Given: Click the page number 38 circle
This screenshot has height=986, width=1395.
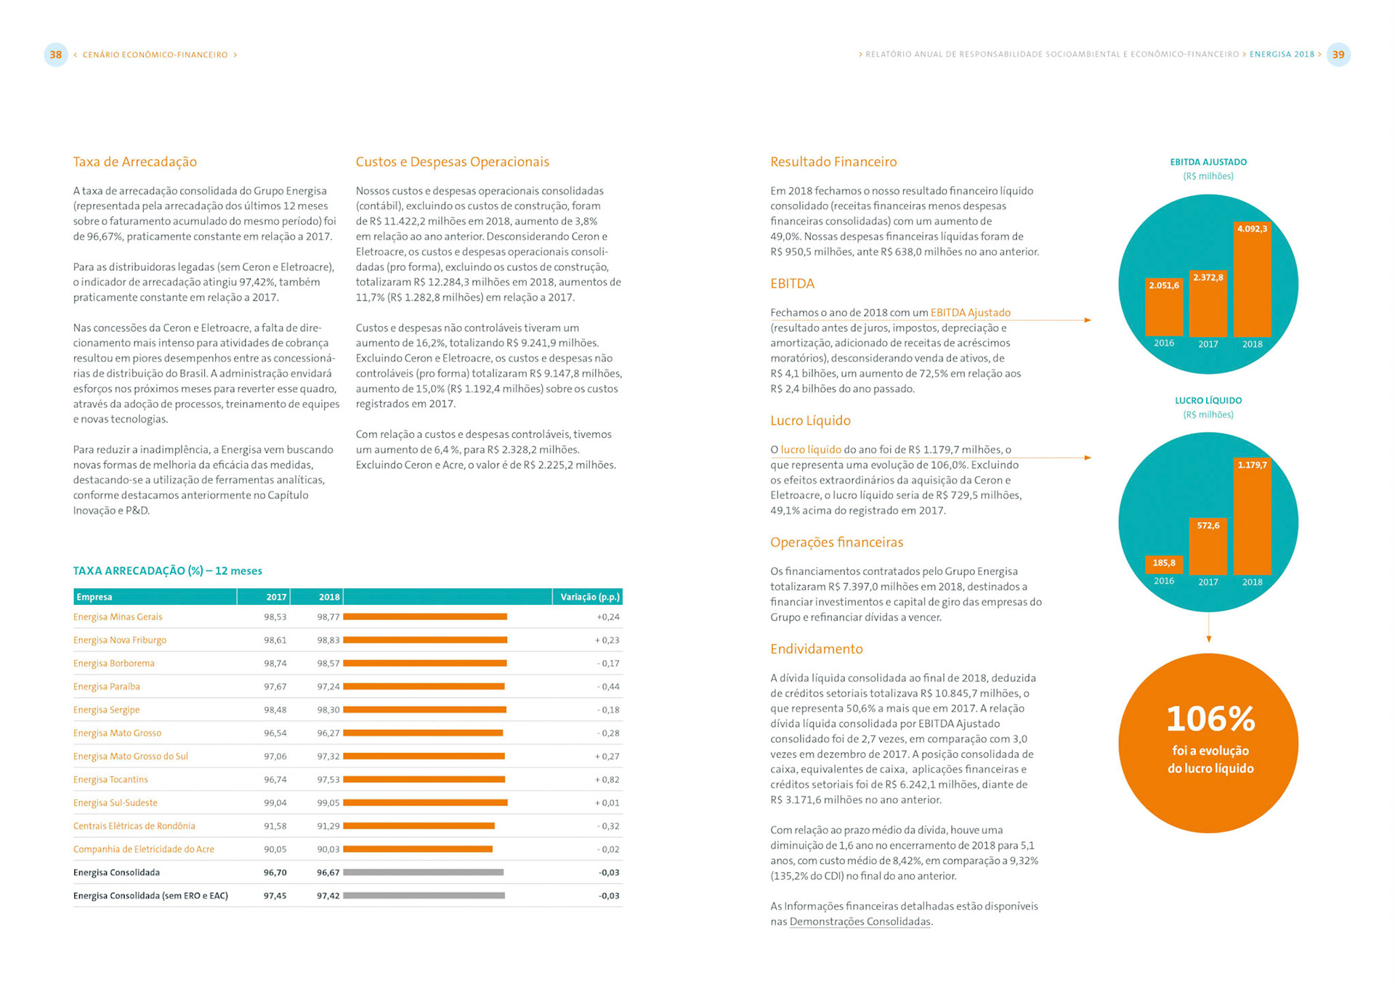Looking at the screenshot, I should (x=56, y=54).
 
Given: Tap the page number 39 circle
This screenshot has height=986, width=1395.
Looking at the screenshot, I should (x=1338, y=54).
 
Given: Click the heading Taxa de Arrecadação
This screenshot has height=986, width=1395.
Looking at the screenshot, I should (x=134, y=162).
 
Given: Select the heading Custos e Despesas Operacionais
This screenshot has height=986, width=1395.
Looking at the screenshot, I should (x=452, y=162).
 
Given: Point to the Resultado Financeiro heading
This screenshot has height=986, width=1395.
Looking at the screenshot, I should (x=833, y=162).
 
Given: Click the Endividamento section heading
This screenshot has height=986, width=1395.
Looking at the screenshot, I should (x=816, y=649).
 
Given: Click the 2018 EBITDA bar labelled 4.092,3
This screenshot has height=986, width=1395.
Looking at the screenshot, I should (x=1252, y=283).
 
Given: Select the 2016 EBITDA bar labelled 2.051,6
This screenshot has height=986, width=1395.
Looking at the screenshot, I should (x=1164, y=309).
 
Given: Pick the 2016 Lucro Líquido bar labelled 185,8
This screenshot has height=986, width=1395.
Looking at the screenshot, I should (x=1164, y=564).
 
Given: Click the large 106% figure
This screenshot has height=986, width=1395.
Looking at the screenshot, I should (x=1210, y=719).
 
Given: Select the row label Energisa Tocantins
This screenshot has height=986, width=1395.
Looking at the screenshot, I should (x=110, y=780).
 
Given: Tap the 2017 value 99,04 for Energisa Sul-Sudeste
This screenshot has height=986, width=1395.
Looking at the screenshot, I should (x=275, y=803).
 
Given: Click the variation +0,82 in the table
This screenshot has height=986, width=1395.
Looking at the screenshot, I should (x=607, y=780).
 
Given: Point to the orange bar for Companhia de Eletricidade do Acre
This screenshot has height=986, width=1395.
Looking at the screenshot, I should (x=418, y=849).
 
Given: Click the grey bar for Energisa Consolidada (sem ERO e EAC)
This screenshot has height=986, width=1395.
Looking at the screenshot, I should (x=424, y=896).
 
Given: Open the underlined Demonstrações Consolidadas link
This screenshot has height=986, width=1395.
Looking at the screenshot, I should (x=860, y=922).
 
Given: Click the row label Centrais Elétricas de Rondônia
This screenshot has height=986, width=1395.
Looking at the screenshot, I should (x=134, y=826).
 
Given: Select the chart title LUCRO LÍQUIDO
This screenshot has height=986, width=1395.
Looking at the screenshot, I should (x=1208, y=401).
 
